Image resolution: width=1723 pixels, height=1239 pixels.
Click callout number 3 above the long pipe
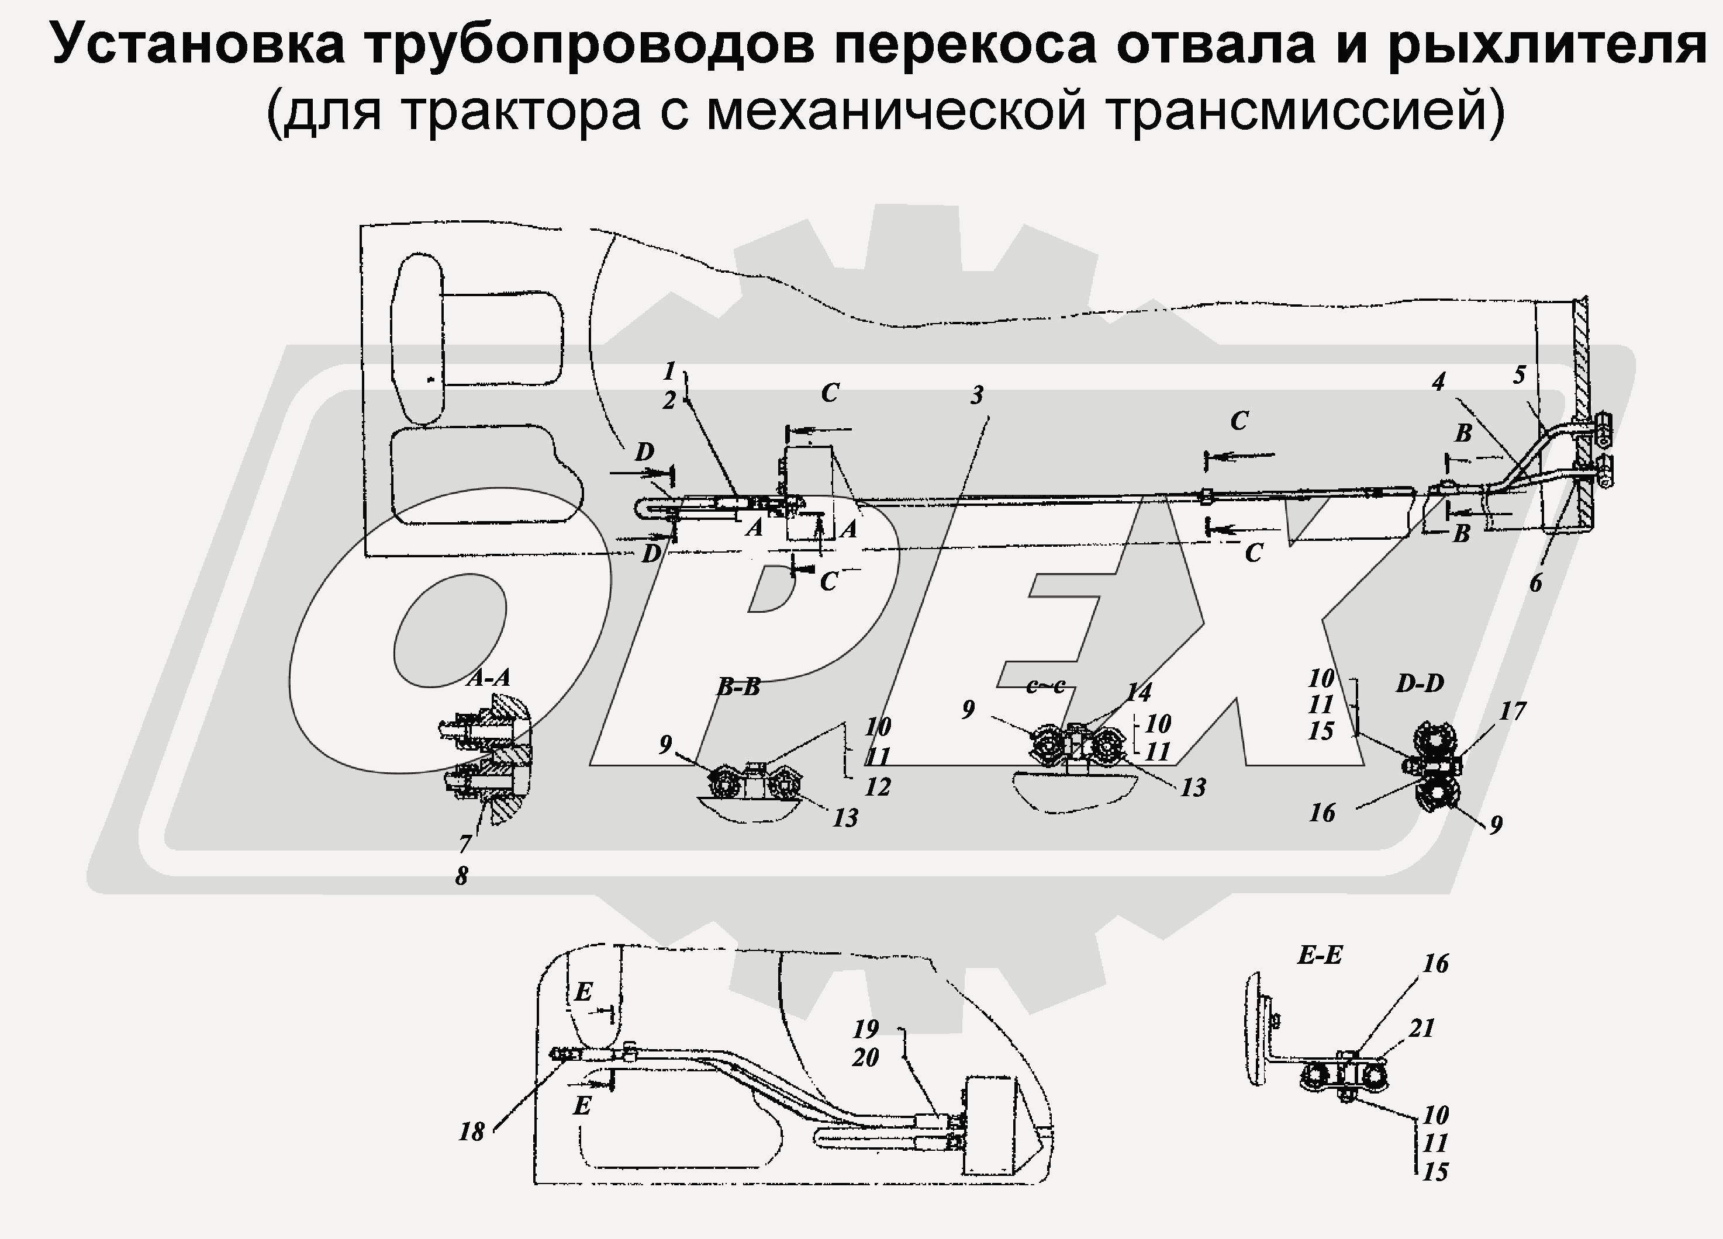point(977,395)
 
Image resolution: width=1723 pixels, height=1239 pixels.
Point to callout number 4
point(1438,382)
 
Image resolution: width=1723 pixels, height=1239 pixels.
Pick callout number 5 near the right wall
point(1518,375)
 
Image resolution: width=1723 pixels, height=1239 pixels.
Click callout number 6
point(1535,583)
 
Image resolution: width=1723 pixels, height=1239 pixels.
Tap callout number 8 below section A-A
point(462,876)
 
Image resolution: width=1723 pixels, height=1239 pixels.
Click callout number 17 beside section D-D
point(1513,712)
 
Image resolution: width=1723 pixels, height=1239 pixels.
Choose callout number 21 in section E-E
point(1421,1028)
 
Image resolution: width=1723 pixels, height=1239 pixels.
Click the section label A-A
point(489,678)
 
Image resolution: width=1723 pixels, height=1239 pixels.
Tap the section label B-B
point(738,688)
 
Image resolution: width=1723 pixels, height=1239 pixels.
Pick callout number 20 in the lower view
point(865,1057)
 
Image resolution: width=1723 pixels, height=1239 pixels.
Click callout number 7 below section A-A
point(465,844)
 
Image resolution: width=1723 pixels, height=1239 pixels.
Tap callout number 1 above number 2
point(668,372)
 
